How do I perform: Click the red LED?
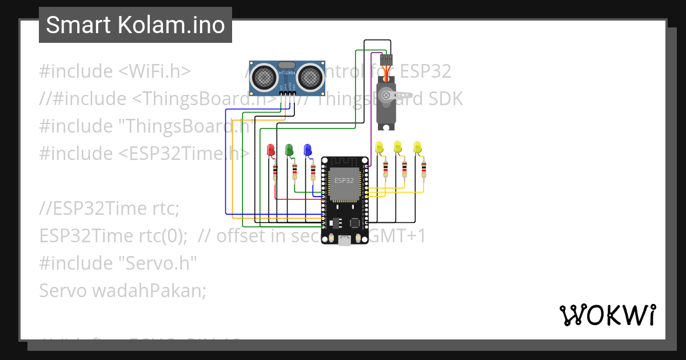[272, 150]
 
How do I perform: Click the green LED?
[289, 150]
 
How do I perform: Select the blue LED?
[308, 150]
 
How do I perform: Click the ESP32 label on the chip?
[344, 180]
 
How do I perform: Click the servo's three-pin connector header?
[386, 58]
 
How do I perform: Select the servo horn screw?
[386, 95]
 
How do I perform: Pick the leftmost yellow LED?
[379, 147]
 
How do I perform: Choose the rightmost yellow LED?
[417, 147]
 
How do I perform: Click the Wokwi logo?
[608, 315]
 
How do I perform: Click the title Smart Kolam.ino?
[135, 25]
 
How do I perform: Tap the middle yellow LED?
[398, 147]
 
